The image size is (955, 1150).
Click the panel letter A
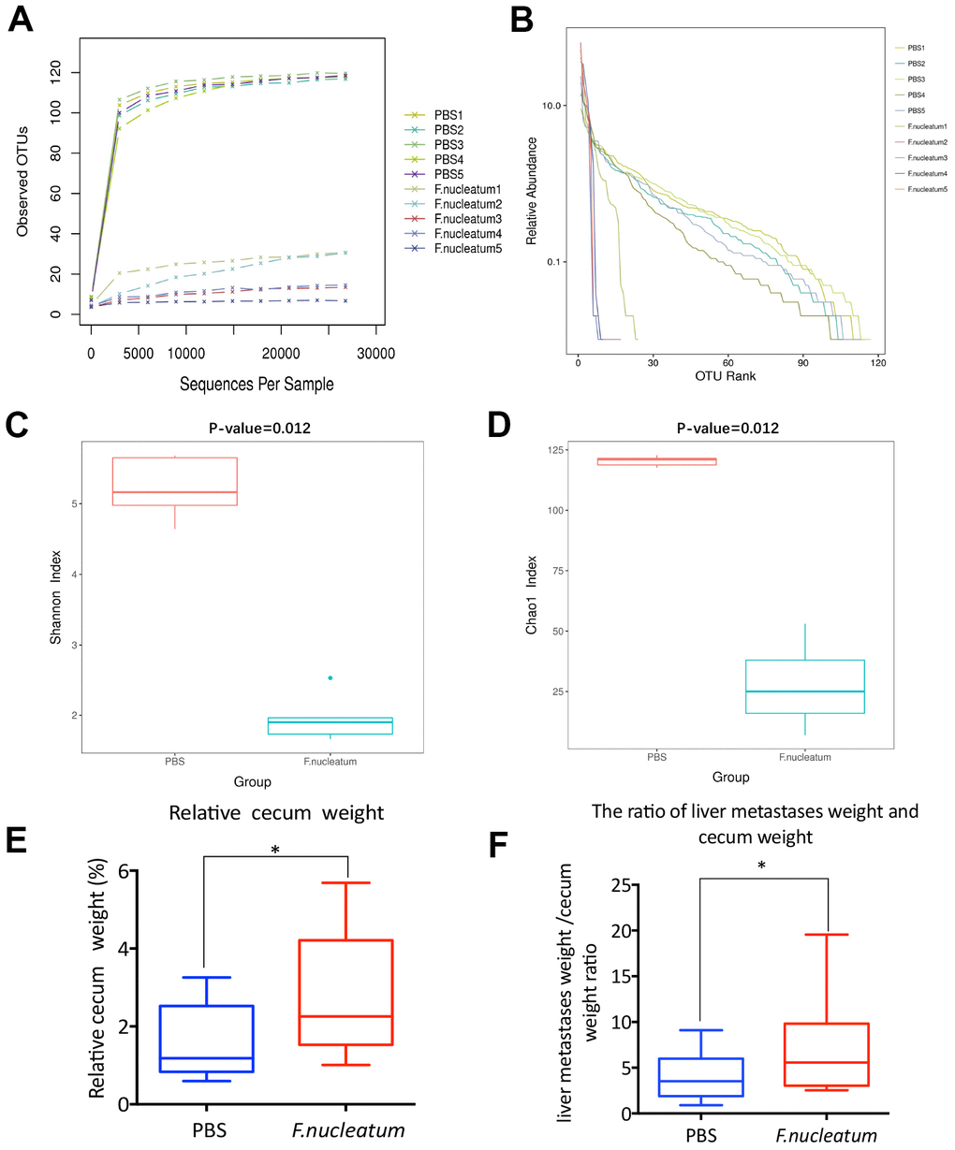(x=22, y=19)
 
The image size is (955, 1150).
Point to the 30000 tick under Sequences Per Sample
(x=375, y=354)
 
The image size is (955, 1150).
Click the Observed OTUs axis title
(x=23, y=181)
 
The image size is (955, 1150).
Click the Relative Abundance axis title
(x=532, y=191)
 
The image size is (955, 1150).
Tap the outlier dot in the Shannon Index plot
(x=331, y=677)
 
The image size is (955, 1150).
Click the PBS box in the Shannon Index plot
(x=174, y=481)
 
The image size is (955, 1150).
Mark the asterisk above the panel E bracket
(x=275, y=850)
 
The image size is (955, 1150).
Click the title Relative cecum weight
(x=276, y=812)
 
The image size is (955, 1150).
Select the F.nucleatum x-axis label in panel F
(x=827, y=1136)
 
